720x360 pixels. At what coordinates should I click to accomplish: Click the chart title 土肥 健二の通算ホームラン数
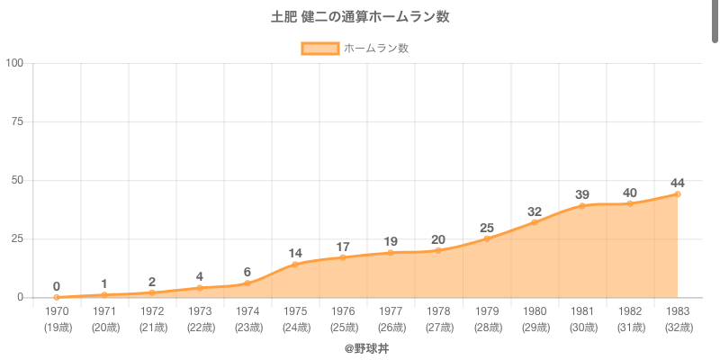click(x=360, y=17)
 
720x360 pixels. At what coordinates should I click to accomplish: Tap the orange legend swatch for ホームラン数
click(x=320, y=49)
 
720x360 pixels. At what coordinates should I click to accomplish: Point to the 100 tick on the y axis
click(x=14, y=63)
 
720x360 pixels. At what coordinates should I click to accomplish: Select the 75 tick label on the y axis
click(x=17, y=121)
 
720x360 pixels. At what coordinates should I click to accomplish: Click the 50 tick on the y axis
click(x=17, y=180)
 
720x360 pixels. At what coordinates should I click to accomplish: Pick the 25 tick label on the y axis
click(x=17, y=238)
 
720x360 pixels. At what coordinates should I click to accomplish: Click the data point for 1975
click(x=295, y=265)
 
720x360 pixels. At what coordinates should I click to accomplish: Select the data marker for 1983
click(x=678, y=194)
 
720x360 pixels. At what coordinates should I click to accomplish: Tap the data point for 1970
click(x=57, y=297)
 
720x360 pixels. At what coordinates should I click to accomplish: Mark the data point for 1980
click(x=535, y=222)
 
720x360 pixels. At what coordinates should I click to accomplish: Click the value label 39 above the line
click(x=582, y=194)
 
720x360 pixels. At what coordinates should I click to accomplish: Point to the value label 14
click(x=295, y=253)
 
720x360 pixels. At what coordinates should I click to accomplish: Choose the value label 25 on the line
click(x=487, y=227)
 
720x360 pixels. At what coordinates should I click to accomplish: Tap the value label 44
click(x=678, y=183)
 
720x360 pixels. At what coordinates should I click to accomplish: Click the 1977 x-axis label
click(x=391, y=310)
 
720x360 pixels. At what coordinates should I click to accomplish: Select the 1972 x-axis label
click(x=152, y=310)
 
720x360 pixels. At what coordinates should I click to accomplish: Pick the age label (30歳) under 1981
click(x=582, y=327)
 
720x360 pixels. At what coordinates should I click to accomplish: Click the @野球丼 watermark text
click(x=366, y=347)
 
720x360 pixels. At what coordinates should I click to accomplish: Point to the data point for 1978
click(x=438, y=250)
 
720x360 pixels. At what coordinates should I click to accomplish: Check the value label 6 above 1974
click(x=247, y=272)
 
